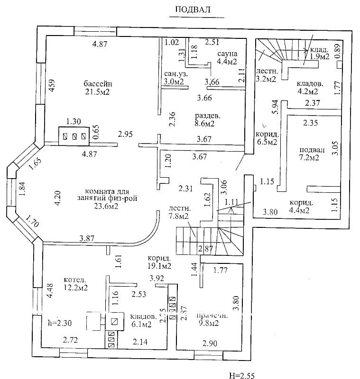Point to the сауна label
(226, 53)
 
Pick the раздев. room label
(205, 116)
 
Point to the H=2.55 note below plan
(242, 376)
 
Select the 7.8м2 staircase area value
(179, 217)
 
